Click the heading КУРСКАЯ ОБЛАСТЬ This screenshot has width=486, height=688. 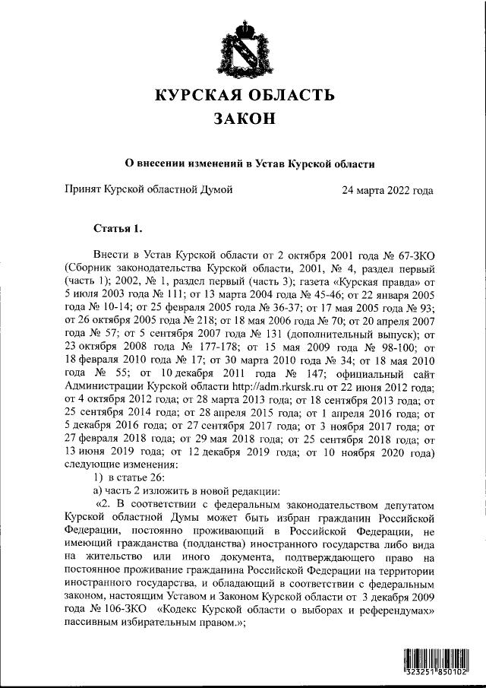[x=244, y=95]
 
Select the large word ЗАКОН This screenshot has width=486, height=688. [x=244, y=120]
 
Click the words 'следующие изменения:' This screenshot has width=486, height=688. [x=121, y=464]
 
